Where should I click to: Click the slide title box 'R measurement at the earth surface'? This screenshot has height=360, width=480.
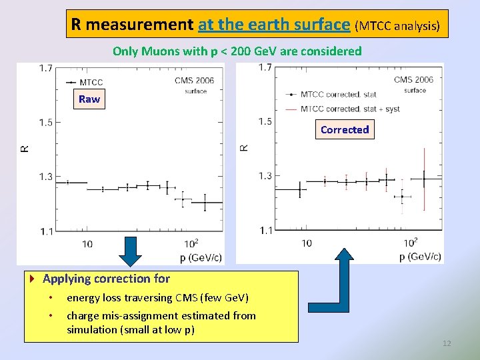(257, 25)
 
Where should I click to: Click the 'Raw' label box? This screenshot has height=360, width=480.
(89, 99)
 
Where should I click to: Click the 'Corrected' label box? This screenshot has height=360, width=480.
(344, 130)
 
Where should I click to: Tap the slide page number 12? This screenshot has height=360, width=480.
(447, 343)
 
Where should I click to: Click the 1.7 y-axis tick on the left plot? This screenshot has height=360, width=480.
(46, 68)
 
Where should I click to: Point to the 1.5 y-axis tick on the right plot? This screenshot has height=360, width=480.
(265, 121)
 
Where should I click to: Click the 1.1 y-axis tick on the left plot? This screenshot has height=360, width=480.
(46, 231)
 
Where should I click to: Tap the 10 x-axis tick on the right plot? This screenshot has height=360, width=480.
(306, 243)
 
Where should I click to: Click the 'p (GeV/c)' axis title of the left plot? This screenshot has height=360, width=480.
(201, 257)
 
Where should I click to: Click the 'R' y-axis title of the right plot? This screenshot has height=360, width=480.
(244, 147)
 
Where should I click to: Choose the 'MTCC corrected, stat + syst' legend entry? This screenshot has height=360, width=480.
(349, 109)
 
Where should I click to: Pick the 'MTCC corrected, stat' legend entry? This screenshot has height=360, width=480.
(339, 95)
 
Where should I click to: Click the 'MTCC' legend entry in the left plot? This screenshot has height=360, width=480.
(91, 83)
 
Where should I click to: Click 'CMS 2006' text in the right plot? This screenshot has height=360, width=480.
(413, 80)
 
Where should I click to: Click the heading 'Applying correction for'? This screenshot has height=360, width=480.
(106, 279)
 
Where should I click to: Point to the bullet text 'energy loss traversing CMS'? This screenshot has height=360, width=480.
(157, 298)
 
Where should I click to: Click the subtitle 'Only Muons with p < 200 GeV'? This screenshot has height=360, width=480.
(237, 51)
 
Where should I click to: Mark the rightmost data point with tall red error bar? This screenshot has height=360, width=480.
(424, 179)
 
